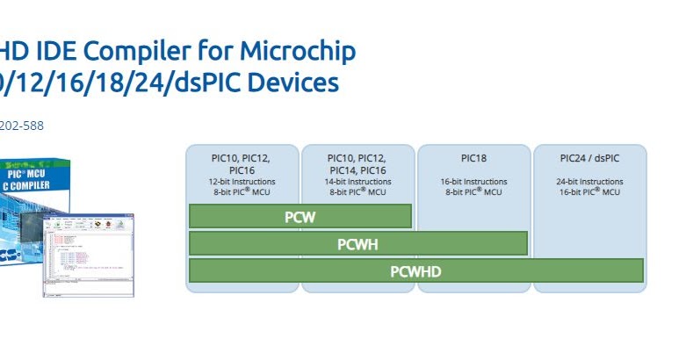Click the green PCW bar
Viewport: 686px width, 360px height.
(x=300, y=216)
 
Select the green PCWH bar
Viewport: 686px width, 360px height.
(x=357, y=243)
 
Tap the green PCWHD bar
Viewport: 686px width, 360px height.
(x=415, y=271)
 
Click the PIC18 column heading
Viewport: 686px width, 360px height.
(x=473, y=158)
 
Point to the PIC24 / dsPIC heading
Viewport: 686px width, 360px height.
(x=589, y=158)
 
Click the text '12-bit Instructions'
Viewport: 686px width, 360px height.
(x=242, y=181)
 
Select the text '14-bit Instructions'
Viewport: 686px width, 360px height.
(x=357, y=181)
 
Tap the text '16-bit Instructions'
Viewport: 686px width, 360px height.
(x=473, y=181)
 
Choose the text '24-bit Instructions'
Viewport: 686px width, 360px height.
(x=589, y=181)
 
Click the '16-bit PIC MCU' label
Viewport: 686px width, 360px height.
(x=589, y=191)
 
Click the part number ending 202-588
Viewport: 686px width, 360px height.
(x=21, y=126)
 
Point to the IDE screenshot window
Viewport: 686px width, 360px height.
(x=90, y=255)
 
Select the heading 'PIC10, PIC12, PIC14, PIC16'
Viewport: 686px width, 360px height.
(x=357, y=163)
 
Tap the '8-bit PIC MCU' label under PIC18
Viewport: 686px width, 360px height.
(x=473, y=191)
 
